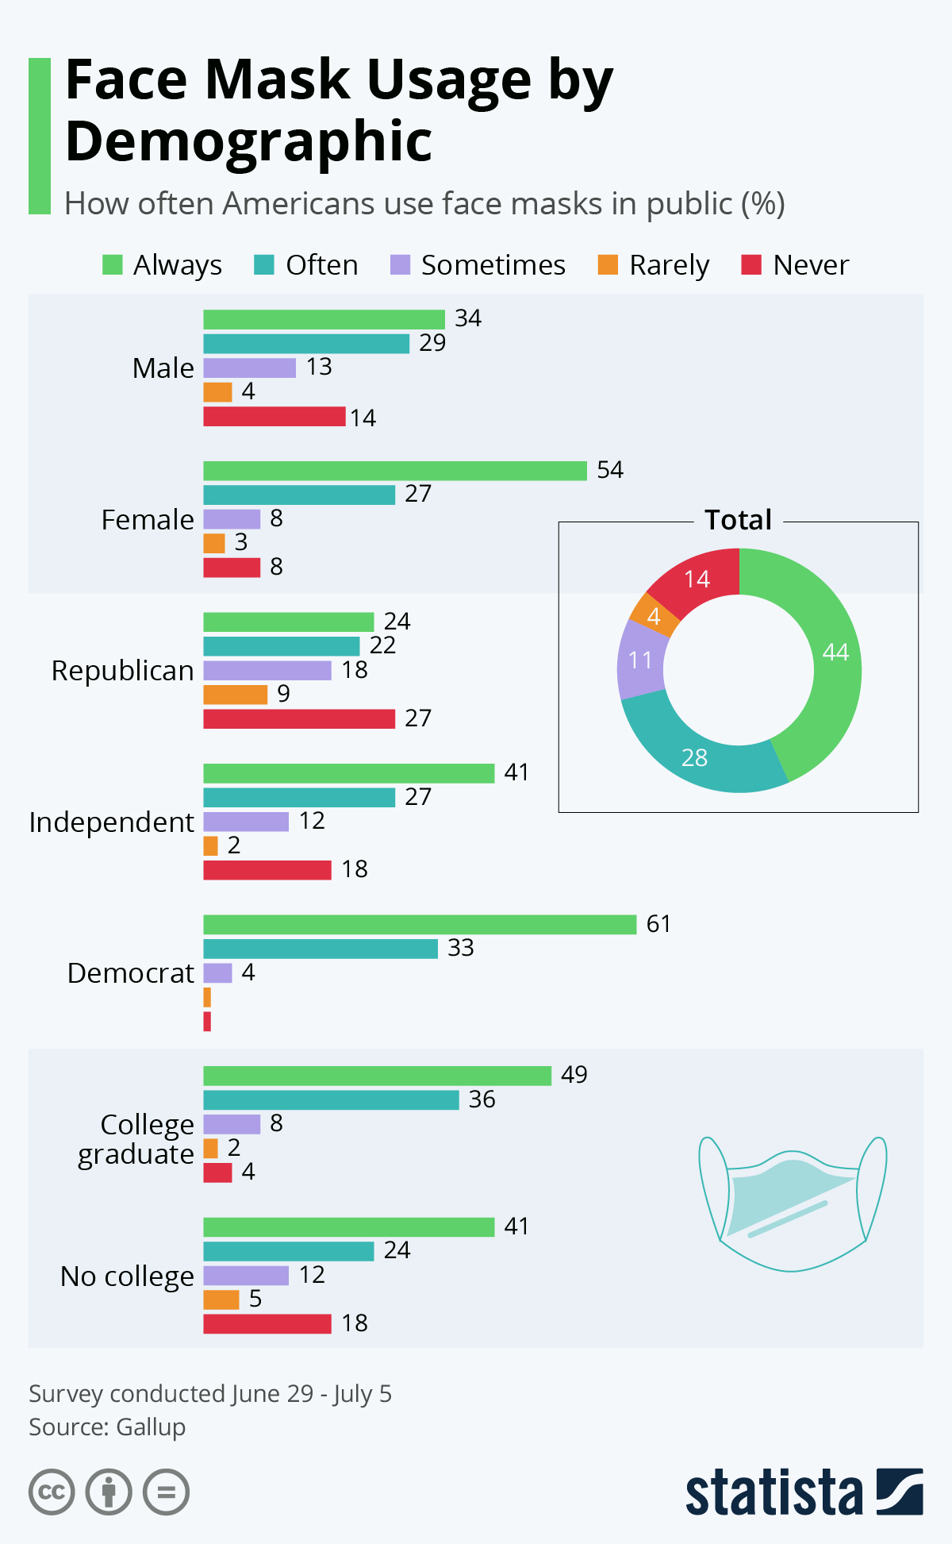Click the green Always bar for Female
[x=395, y=471]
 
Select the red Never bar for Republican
[x=299, y=718]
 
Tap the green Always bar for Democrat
[x=420, y=925]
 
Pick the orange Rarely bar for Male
[x=217, y=392]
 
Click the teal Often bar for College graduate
[x=331, y=1100]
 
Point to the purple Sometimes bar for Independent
[x=246, y=822]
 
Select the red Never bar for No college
[x=267, y=1323]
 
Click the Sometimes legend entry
[x=478, y=265]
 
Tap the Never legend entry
[x=796, y=265]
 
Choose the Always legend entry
[x=163, y=265]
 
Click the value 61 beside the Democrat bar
[x=658, y=924]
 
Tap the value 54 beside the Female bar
[x=610, y=470]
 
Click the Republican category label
[x=123, y=671]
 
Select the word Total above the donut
[x=738, y=520]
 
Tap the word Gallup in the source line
[x=151, y=1427]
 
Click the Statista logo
[x=804, y=1493]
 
